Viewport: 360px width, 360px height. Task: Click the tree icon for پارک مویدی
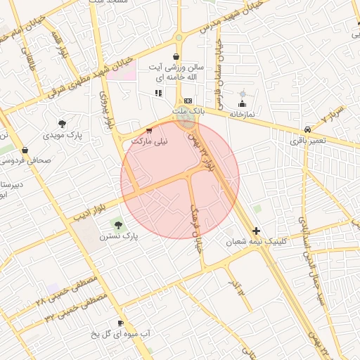point(63,124)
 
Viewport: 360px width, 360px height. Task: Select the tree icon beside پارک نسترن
point(117,225)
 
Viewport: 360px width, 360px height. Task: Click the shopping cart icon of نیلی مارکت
point(148,131)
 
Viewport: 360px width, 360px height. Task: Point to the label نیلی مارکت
point(151,141)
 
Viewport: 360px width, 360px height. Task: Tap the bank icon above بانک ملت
point(188,101)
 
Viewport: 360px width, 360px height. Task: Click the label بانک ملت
point(188,111)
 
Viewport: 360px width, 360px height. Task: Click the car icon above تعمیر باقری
point(308,130)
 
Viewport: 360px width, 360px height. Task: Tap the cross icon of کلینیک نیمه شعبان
point(256,231)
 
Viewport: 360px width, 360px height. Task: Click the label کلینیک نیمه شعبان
point(256,241)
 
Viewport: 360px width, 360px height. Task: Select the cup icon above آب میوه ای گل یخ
point(120,323)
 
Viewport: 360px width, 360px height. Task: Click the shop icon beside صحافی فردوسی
point(25,149)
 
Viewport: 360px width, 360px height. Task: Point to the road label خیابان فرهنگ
point(198,229)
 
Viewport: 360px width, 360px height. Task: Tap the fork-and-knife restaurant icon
point(158,93)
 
